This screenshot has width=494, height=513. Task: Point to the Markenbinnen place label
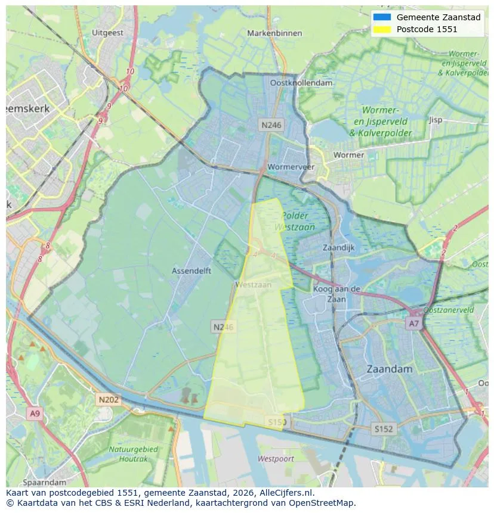click(274, 33)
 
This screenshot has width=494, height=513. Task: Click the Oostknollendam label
click(301, 83)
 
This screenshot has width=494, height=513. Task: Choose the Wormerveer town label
click(291, 167)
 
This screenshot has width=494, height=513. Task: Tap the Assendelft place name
click(192, 271)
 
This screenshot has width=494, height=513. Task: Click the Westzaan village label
click(254, 285)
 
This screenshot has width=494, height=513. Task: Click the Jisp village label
click(436, 120)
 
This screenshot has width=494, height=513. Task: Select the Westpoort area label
click(276, 459)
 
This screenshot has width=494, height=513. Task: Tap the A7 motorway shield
click(413, 323)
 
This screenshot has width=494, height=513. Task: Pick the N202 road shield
click(109, 400)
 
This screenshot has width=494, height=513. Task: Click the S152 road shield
click(384, 428)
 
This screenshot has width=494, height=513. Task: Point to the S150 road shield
click(277, 422)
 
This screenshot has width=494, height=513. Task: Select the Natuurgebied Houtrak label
click(133, 453)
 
